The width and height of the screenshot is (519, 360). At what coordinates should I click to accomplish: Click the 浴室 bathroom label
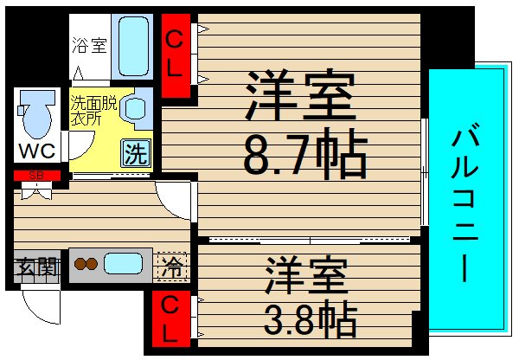click(x=89, y=46)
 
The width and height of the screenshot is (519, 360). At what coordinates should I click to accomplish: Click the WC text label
click(x=37, y=151)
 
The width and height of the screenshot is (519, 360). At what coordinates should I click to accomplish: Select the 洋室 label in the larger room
click(x=300, y=96)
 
